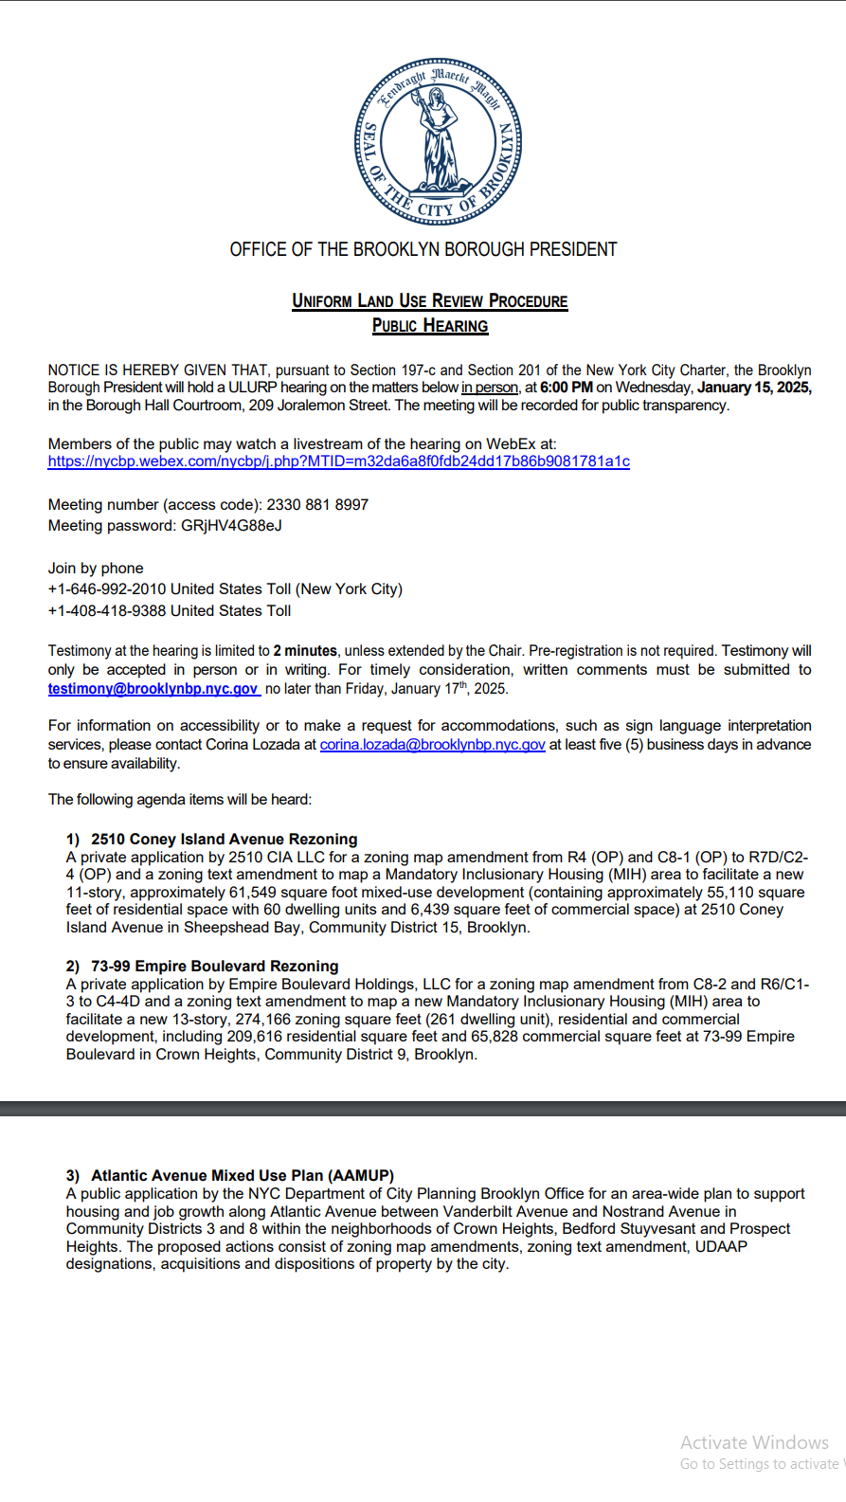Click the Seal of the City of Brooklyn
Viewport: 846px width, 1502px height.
coord(438,141)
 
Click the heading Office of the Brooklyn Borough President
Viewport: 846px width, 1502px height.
coord(423,249)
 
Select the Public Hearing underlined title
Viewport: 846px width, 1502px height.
coord(430,326)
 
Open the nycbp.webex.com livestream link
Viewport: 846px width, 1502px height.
coord(338,461)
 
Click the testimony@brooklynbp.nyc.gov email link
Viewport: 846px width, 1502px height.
coord(153,689)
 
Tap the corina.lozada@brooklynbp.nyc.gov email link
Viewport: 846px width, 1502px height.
coord(432,745)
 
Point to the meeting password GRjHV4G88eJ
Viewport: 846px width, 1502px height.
coord(231,526)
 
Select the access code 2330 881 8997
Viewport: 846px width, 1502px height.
coord(317,505)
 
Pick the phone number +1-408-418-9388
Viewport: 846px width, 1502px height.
coord(107,611)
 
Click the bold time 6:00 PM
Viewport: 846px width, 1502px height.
coord(567,388)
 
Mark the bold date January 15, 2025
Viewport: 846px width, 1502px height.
coord(754,388)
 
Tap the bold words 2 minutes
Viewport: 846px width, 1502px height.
coord(305,651)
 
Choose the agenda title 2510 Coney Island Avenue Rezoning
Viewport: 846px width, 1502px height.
coord(224,839)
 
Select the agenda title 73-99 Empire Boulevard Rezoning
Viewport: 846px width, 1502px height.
coord(214,966)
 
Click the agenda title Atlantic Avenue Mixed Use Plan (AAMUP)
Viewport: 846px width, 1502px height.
coord(243,1175)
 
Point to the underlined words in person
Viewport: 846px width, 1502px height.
coord(490,388)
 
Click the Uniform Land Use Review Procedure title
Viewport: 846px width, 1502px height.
coord(430,301)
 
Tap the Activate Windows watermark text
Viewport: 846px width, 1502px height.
coord(754,1442)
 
